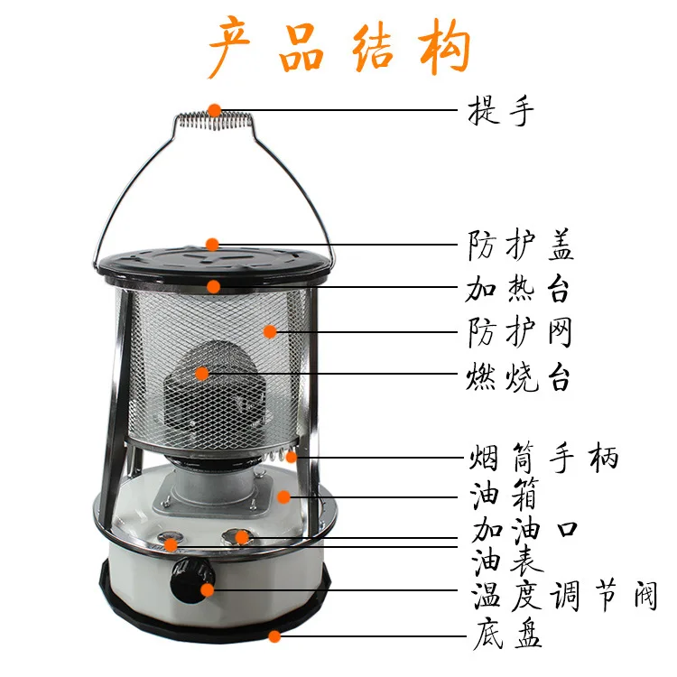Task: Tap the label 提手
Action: tap(502, 112)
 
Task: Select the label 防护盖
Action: tap(521, 245)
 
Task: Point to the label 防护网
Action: tap(520, 332)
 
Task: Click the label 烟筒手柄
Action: tap(544, 457)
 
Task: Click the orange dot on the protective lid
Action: tap(212, 244)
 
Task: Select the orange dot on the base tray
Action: tap(274, 635)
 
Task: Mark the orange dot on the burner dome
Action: tap(201, 372)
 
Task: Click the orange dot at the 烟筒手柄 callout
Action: tap(291, 457)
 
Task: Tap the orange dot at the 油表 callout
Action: tap(172, 544)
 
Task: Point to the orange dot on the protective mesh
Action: tap(270, 331)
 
